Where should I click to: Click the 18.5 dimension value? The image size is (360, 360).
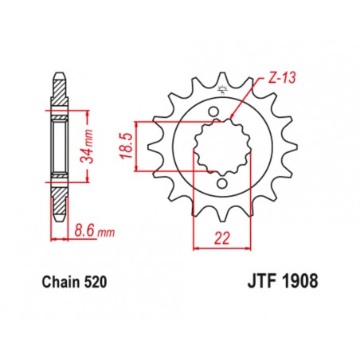pyautogui.click(x=124, y=146)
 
